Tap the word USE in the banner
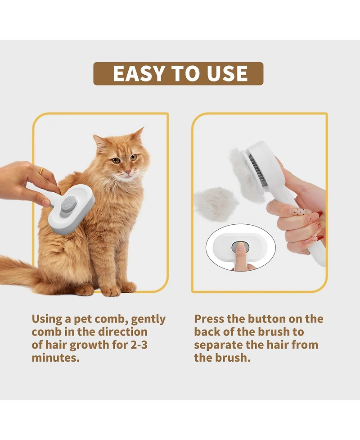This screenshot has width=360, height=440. (x=226, y=74)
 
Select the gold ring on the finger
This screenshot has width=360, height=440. (x=41, y=171)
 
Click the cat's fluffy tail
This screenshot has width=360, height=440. (x=18, y=270)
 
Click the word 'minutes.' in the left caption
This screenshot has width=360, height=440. (x=55, y=358)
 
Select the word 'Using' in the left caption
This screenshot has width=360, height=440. (x=47, y=319)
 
